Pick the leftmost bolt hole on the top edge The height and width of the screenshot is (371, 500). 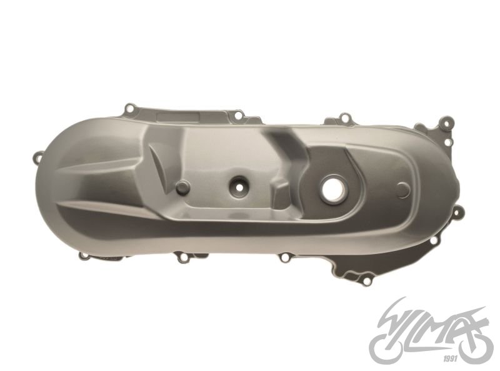click(x=130, y=108)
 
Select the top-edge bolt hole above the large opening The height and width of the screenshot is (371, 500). click(x=343, y=117)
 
